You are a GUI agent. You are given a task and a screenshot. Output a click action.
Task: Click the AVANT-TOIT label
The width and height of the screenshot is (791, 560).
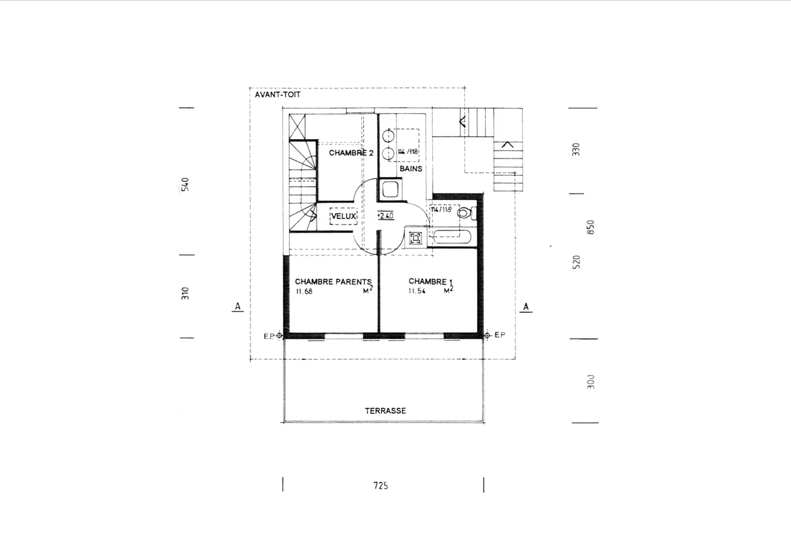pos(277,95)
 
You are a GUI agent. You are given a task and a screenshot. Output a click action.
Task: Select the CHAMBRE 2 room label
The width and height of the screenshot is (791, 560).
pos(351,153)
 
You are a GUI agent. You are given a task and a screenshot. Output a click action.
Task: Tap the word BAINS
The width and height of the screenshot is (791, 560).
pos(411,169)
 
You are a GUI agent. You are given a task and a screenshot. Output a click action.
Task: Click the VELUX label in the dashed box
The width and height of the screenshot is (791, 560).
pos(344,217)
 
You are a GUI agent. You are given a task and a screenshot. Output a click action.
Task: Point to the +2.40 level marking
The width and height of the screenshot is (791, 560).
pos(385,216)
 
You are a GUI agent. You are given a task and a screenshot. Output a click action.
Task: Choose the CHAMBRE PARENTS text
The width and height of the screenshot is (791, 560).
pos(333,281)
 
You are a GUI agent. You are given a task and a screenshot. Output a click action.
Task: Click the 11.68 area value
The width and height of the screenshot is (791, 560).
pos(304,292)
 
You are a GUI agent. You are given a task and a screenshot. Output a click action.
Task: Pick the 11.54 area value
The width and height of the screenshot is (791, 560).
pos(416,292)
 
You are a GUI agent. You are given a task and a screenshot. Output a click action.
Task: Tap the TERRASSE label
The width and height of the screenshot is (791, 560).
pos(385,411)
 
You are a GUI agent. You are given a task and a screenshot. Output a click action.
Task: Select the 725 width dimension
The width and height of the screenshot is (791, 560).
pos(381,485)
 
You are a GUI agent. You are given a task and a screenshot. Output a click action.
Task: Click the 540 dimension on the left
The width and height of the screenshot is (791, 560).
pos(186,184)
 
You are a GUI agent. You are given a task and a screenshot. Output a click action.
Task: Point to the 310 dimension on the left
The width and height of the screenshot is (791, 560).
pos(186,293)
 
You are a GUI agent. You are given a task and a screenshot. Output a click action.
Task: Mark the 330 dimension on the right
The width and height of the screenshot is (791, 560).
pos(576,149)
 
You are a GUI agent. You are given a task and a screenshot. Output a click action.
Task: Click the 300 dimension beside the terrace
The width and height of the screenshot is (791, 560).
pos(591,381)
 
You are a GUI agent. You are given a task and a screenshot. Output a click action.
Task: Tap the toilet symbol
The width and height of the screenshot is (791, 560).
pos(466,213)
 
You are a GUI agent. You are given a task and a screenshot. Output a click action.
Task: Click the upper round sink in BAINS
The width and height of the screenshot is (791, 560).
pos(389,134)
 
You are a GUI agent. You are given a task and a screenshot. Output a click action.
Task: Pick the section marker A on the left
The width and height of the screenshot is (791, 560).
pos(237,306)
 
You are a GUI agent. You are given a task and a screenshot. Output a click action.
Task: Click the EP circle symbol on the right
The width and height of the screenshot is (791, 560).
pos(487,335)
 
